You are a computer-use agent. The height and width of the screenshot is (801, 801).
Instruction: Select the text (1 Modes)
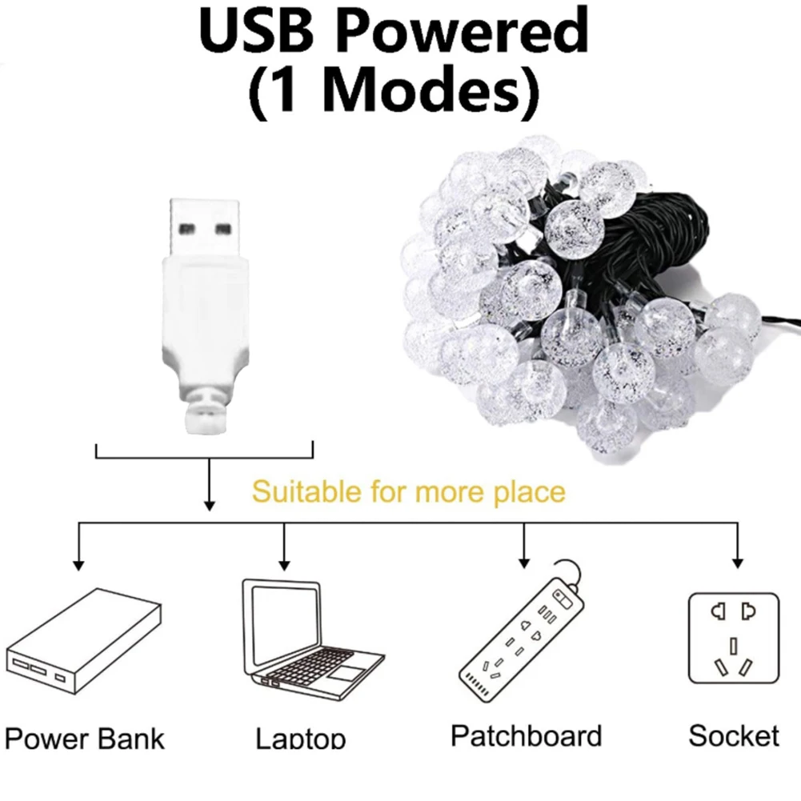(392, 94)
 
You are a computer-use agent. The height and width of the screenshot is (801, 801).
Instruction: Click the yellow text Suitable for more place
(409, 491)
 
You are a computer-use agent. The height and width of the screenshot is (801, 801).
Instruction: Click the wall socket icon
(734, 639)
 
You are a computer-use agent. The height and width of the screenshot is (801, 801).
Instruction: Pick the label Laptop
(301, 738)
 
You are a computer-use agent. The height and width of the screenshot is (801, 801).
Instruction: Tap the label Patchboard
(526, 735)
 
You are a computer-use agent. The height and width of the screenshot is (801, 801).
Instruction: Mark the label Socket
(734, 735)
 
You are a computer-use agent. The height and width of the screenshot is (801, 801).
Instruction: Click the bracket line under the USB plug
(204, 458)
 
